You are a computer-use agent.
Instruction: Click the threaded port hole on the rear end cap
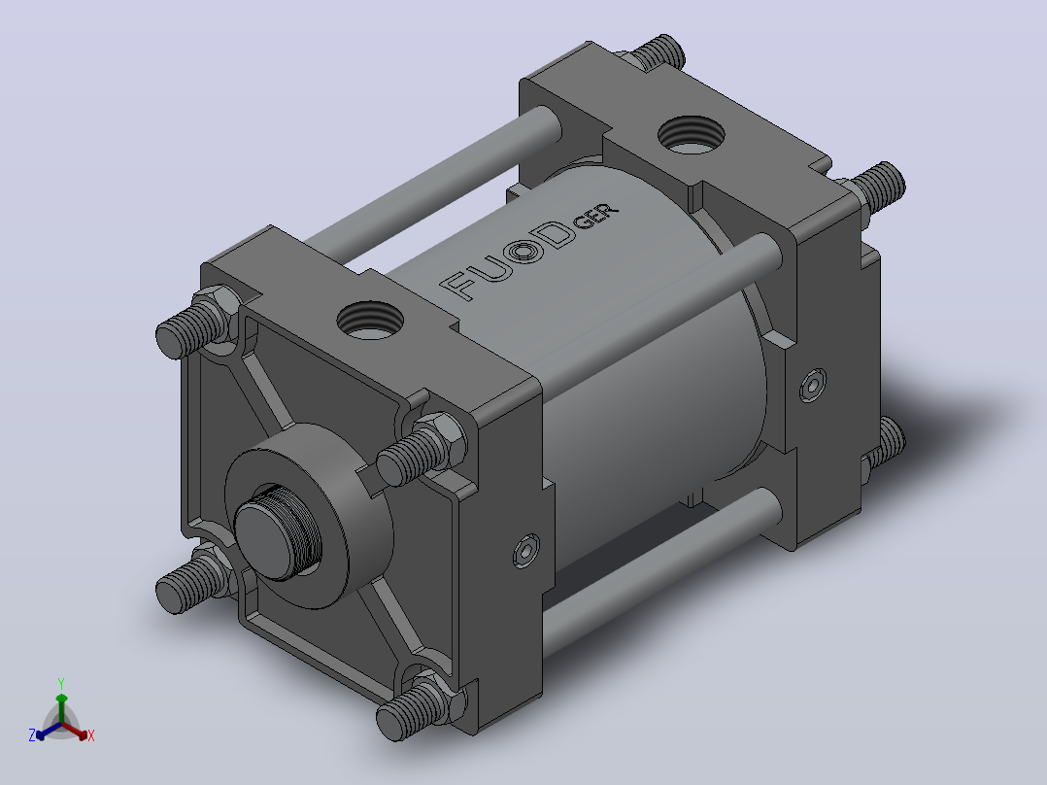(692, 135)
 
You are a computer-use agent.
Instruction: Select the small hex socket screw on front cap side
(526, 551)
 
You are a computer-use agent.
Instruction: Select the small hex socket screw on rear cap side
(813, 386)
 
